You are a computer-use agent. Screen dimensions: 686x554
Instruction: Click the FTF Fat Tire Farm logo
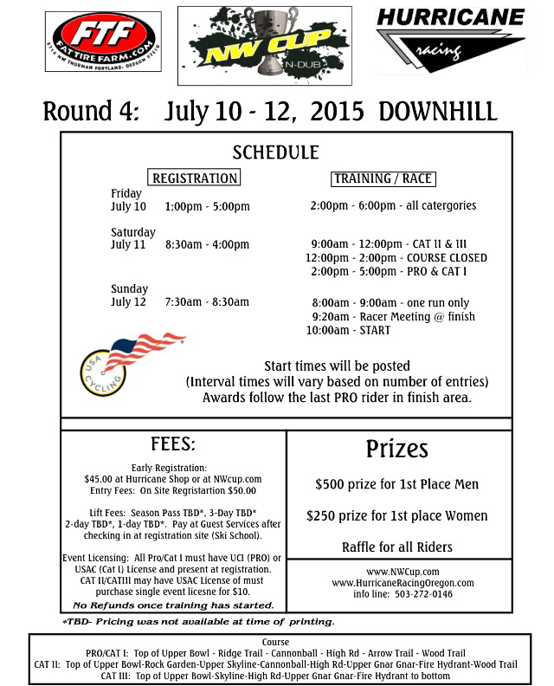point(102,41)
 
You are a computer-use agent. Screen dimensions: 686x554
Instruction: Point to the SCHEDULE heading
point(276,152)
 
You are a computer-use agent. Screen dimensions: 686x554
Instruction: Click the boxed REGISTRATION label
point(194,178)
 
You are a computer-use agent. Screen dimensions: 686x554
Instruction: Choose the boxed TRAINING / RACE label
point(382,179)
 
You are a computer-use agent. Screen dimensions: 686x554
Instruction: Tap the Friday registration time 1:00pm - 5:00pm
point(207,206)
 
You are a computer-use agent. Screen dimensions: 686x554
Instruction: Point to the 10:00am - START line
point(348,330)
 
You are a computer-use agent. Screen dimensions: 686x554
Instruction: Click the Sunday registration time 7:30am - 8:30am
point(207,301)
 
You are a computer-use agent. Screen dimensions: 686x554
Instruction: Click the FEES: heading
point(173,444)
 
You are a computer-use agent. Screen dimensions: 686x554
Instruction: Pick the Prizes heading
point(396,449)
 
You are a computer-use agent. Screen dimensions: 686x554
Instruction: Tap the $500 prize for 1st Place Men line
point(396,483)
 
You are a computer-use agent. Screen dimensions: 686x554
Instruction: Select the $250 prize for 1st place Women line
point(396,515)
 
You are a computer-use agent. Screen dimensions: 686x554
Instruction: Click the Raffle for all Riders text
point(396,547)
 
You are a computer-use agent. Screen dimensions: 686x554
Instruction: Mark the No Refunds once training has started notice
point(174,605)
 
